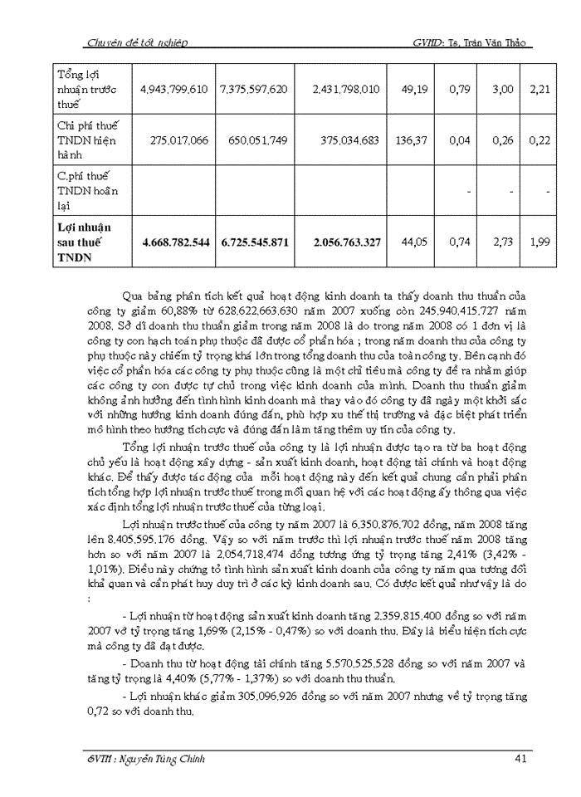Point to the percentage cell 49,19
coord(417,88)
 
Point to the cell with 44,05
coord(417,242)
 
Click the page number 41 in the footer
coord(519,757)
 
